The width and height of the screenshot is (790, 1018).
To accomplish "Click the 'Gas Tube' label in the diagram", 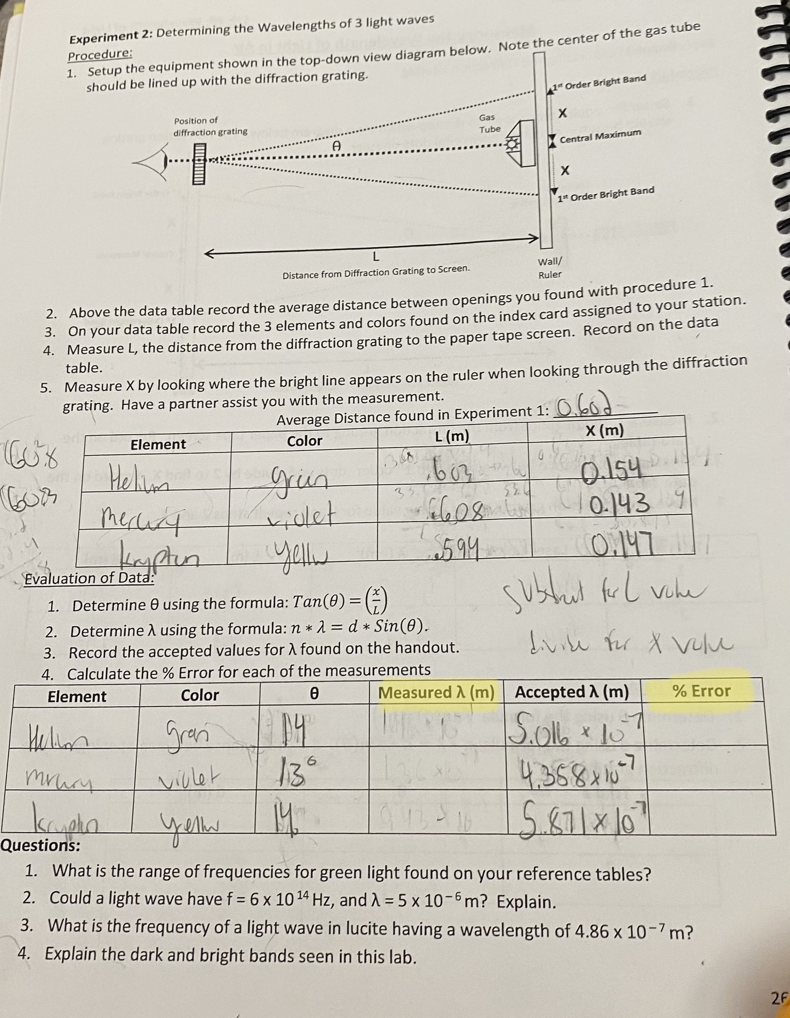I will [488, 123].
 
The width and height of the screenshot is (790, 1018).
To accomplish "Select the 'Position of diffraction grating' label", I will [210, 126].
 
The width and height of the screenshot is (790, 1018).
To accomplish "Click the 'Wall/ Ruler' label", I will [550, 268].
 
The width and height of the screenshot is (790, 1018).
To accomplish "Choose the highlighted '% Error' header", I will [702, 691].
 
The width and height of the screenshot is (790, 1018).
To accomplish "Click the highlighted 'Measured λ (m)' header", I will [436, 693].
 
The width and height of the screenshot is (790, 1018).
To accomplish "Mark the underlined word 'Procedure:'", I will [100, 54].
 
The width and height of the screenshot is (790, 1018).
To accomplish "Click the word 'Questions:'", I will [40, 846].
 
